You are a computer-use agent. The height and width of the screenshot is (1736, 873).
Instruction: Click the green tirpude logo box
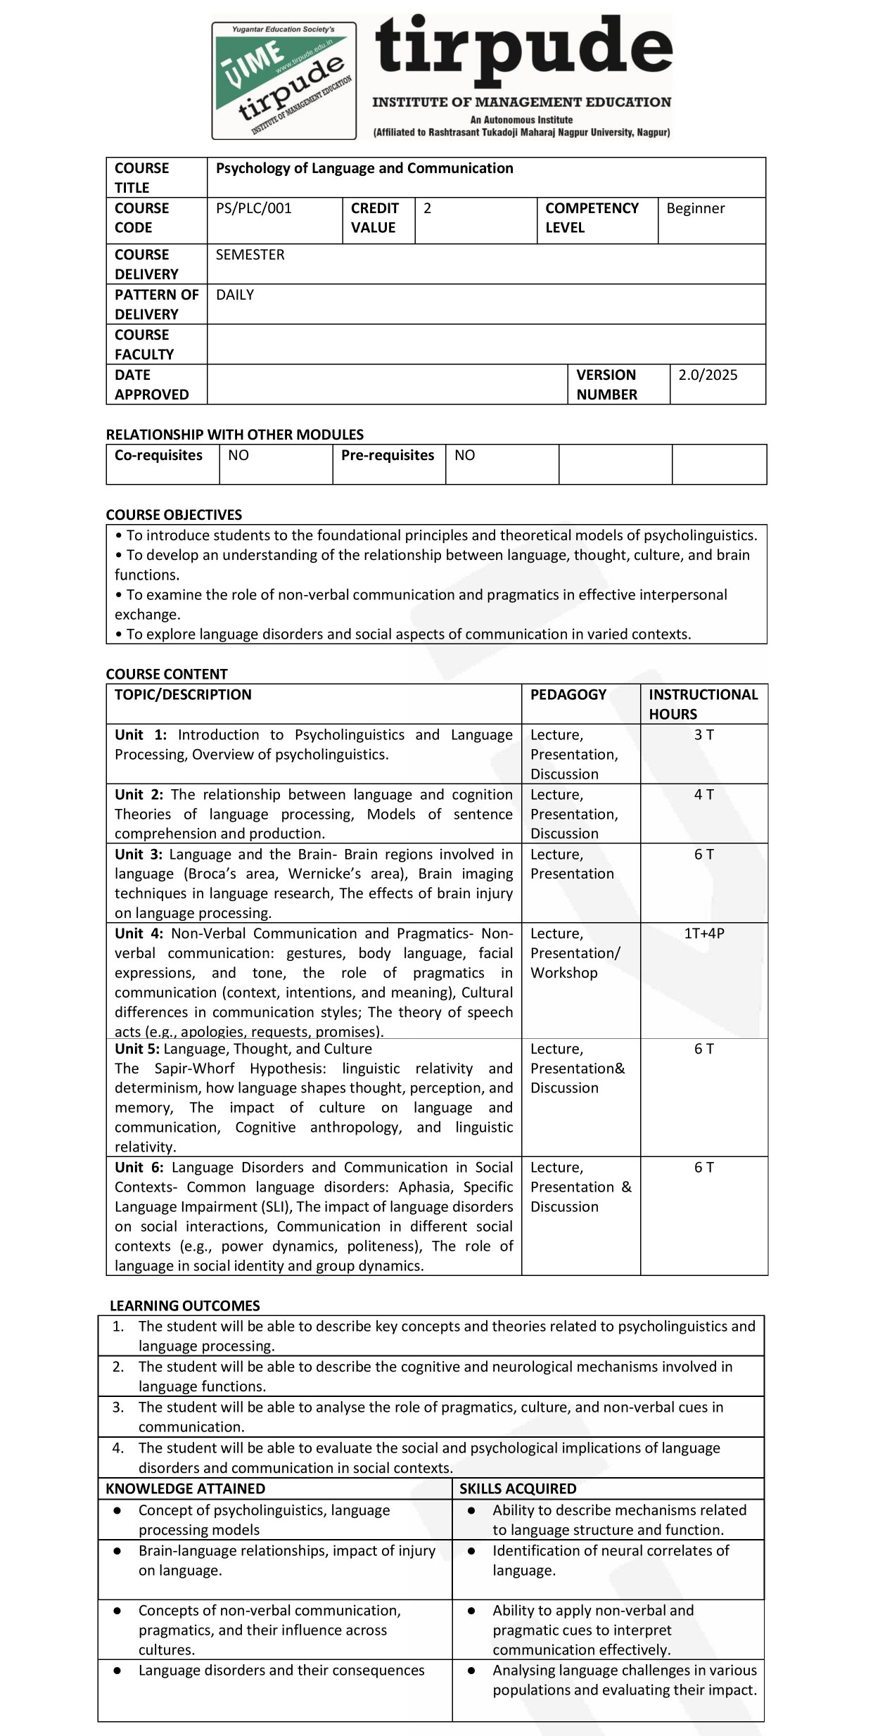283,80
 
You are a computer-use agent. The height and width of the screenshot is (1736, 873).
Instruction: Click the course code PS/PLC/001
253,208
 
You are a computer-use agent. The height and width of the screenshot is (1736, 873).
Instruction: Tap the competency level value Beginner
695,208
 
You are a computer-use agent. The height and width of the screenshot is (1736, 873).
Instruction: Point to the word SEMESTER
250,255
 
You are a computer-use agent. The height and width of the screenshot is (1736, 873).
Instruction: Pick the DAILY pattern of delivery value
234,295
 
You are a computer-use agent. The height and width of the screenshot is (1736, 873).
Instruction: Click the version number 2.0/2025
707,375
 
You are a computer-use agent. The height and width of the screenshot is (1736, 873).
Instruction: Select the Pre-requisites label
388,455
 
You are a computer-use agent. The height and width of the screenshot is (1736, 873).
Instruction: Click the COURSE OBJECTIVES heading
174,515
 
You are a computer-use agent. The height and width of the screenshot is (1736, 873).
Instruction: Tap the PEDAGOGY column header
568,695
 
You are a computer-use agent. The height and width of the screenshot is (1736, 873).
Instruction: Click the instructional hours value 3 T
703,735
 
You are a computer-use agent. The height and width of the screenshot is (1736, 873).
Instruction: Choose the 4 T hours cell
703,795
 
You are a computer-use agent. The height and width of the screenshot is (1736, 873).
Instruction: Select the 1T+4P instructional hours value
704,933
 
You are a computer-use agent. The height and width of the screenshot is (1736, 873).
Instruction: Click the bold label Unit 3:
139,855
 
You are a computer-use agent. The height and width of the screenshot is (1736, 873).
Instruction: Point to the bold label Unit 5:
137,1049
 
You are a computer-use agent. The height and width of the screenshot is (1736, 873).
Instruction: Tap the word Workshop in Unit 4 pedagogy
563,973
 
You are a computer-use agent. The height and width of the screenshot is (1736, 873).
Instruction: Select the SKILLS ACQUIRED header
518,1489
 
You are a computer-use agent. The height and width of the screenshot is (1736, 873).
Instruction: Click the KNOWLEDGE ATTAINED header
185,1489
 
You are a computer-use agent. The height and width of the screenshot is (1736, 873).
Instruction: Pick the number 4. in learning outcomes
118,1448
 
